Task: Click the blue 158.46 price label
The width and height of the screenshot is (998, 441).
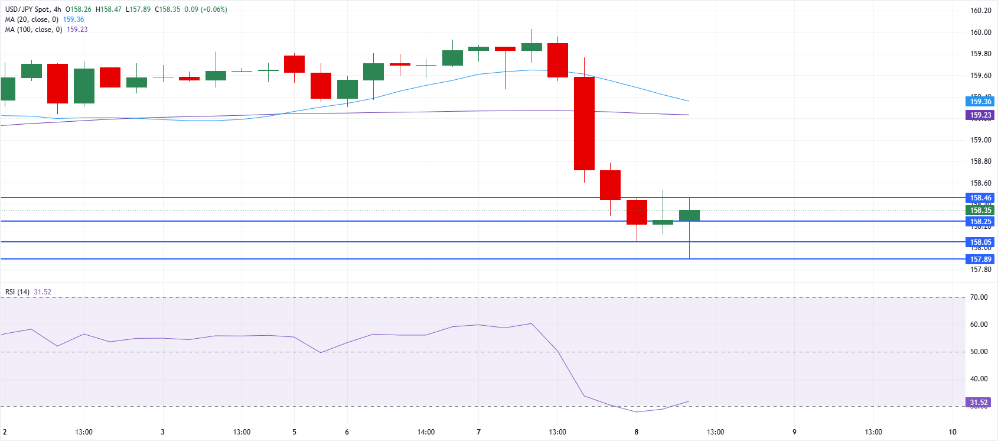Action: click(980, 198)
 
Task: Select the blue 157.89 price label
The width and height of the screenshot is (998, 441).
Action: click(980, 260)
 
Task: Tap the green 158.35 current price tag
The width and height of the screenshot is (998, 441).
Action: click(980, 210)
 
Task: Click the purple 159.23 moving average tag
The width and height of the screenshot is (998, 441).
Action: click(980, 115)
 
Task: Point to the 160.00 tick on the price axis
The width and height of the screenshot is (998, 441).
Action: click(980, 33)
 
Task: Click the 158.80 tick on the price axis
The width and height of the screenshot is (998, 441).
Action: click(980, 161)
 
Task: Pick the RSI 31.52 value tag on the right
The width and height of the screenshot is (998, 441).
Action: click(979, 403)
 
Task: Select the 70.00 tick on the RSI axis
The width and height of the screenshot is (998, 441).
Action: click(979, 297)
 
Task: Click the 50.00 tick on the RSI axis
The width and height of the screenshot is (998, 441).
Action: click(979, 352)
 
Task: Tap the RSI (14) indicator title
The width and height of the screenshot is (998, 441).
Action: click(17, 292)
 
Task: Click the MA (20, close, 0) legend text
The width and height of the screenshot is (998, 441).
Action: click(31, 20)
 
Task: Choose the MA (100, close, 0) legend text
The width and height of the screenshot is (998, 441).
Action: click(33, 30)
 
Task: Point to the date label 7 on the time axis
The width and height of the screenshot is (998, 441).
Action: click(478, 432)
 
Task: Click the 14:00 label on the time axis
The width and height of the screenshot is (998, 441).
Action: click(426, 432)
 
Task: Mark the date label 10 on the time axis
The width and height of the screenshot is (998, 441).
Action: click(952, 432)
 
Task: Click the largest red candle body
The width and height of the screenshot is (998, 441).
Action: click(584, 123)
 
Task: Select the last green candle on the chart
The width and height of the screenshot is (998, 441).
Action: click(689, 215)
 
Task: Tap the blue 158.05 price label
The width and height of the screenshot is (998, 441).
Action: click(980, 242)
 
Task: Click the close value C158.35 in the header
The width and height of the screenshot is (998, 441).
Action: click(167, 9)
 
